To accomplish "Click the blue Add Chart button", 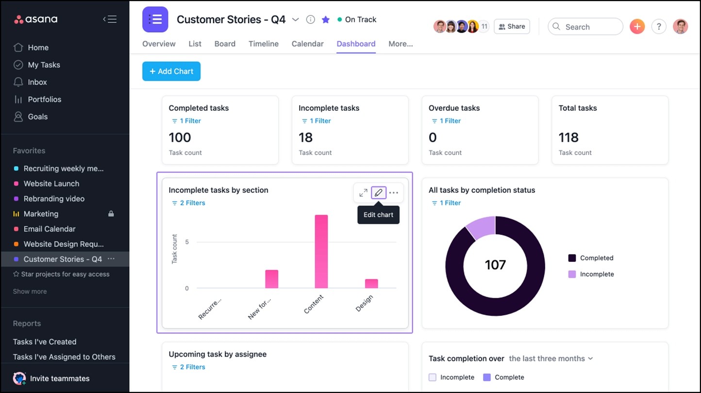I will tap(171, 71).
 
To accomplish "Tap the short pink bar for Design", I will tap(371, 284).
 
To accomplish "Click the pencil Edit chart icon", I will tap(379, 193).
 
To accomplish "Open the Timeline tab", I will tap(264, 44).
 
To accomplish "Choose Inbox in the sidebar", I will tap(37, 82).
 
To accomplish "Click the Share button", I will tap(512, 27).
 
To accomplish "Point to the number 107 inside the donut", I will tap(495, 265).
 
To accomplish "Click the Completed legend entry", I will tap(596, 258).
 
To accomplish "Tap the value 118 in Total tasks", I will tap(568, 137).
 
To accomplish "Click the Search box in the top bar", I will tap(585, 27).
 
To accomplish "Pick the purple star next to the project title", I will tap(326, 19).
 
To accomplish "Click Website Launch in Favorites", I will tap(51, 184).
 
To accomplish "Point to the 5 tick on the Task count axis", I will tap(187, 242).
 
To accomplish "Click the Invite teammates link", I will tap(59, 378).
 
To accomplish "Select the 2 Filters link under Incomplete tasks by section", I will tap(192, 203).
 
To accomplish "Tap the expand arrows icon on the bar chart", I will tap(363, 193).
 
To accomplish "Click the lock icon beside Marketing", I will tap(111, 214).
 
